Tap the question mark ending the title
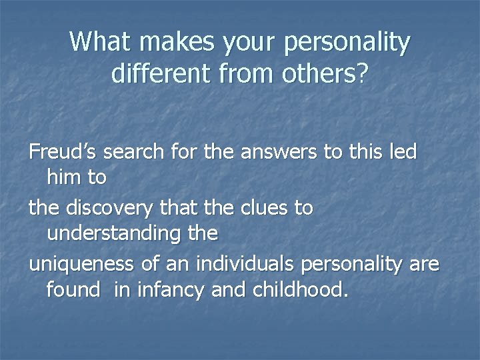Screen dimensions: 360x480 pyautogui.click(x=363, y=73)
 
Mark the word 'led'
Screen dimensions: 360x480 pyautogui.click(x=402, y=153)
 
